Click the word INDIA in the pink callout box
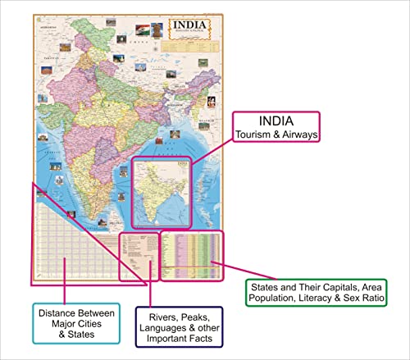pyautogui.click(x=276, y=121)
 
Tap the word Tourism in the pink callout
pyautogui.click(x=253, y=134)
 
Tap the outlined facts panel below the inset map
pyautogui.click(x=137, y=257)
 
